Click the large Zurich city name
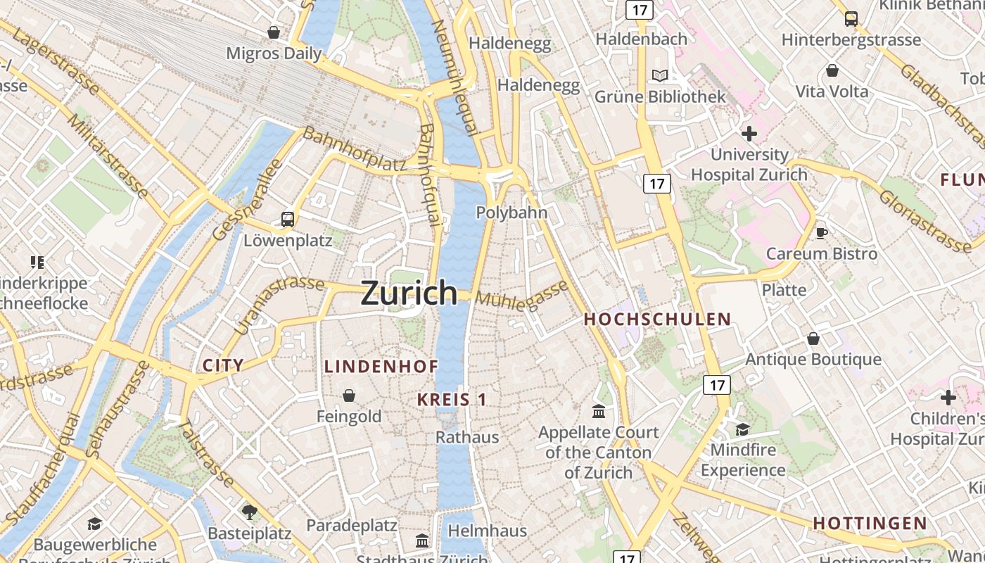(409, 293)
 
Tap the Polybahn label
(511, 213)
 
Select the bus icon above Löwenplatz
(287, 219)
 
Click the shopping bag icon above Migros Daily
(274, 32)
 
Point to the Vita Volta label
(832, 91)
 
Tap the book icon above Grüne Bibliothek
(659, 76)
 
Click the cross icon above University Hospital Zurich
(749, 133)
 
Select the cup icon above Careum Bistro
(821, 233)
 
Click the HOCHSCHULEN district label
(658, 319)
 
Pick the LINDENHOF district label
(381, 367)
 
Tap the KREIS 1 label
(452, 400)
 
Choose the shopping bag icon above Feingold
(348, 396)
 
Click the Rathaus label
(467, 437)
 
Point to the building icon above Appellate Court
(599, 411)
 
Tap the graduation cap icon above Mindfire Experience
(742, 429)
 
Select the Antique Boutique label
(813, 360)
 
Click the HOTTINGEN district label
(870, 524)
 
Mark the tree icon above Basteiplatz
(248, 512)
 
